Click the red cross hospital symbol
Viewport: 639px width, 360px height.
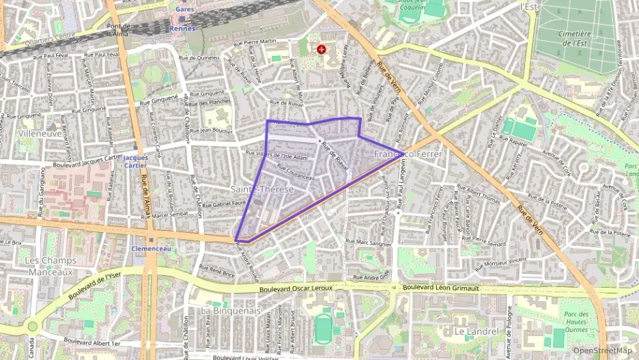click(321, 49)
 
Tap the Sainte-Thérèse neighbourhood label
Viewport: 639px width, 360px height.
click(262, 189)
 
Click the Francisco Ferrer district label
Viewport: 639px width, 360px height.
click(408, 154)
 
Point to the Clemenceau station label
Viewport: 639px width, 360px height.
click(150, 249)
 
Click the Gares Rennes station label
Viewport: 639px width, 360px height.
click(184, 20)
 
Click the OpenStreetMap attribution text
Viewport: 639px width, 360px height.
click(603, 350)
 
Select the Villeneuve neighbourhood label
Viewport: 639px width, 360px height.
click(40, 134)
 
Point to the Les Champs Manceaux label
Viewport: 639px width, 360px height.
click(48, 266)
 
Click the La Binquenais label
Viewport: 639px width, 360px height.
click(231, 311)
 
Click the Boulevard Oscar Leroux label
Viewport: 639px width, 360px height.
click(296, 288)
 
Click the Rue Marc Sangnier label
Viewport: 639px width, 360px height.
click(369, 242)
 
